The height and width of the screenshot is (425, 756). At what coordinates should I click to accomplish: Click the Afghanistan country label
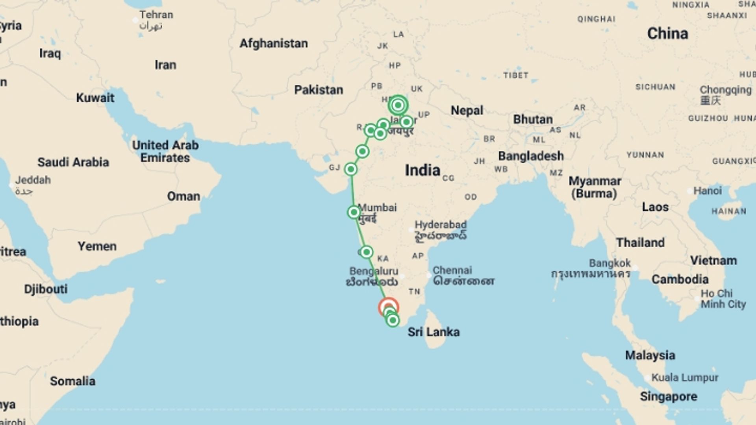(x=274, y=43)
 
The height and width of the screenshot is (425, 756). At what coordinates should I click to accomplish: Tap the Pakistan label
(x=319, y=90)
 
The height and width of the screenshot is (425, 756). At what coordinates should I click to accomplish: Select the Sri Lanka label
(x=434, y=332)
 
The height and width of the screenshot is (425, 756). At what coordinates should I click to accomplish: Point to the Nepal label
(x=467, y=111)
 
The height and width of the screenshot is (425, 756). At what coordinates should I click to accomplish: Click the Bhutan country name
(x=533, y=119)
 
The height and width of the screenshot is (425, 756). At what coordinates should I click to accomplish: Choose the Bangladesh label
(x=531, y=156)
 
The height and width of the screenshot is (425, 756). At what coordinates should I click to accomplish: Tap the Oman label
(x=183, y=196)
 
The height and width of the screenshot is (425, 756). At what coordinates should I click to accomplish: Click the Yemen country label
(x=97, y=246)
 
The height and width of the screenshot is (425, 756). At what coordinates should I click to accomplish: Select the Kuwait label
(x=95, y=98)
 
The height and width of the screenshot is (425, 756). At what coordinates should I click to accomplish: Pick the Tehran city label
(x=156, y=15)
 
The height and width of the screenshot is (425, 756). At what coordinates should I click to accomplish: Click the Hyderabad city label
(x=440, y=225)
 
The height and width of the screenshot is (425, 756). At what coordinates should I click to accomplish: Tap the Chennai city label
(x=452, y=271)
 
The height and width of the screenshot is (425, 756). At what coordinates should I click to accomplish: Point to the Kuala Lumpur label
(x=685, y=378)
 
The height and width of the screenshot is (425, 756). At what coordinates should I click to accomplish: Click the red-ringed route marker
(x=388, y=307)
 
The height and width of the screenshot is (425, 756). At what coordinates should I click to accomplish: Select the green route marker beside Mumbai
(x=354, y=213)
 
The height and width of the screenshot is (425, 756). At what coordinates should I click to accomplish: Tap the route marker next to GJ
(x=350, y=169)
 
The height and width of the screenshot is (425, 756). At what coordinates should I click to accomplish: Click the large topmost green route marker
(x=398, y=105)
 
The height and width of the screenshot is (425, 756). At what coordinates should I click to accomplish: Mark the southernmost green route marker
(x=393, y=321)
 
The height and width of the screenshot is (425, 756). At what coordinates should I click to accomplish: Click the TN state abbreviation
(x=414, y=292)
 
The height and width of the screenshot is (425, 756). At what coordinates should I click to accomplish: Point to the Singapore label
(x=668, y=397)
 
